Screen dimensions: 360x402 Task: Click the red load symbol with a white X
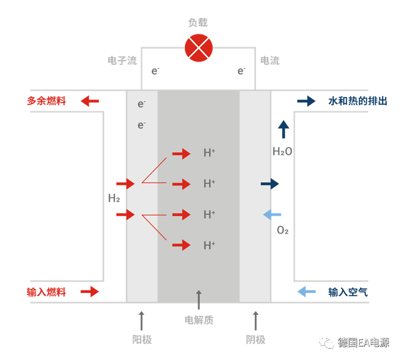pos(199,48)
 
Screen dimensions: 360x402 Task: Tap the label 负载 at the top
pos(198,23)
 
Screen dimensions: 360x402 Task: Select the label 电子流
pos(122,61)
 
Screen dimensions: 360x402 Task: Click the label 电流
pos(270,61)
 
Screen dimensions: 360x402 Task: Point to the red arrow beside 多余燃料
pos(90,101)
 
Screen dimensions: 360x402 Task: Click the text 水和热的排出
pos(358,101)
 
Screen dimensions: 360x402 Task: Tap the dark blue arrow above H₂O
pos(283,129)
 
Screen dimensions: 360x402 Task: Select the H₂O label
pos(282,151)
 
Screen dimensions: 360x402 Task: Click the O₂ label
pos(283,230)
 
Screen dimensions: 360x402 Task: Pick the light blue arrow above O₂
pos(272,215)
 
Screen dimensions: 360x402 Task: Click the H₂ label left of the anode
pos(114,199)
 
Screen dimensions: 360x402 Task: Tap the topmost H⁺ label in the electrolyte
pos(209,153)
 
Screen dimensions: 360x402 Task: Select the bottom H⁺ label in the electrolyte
pos(209,245)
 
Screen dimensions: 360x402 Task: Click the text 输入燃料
pos(46,292)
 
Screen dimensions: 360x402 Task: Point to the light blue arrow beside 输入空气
pos(306,292)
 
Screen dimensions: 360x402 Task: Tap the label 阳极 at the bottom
pos(142,340)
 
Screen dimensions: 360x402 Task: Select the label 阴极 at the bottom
pos(255,340)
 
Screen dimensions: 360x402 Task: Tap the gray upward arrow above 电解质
pos(199,300)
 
